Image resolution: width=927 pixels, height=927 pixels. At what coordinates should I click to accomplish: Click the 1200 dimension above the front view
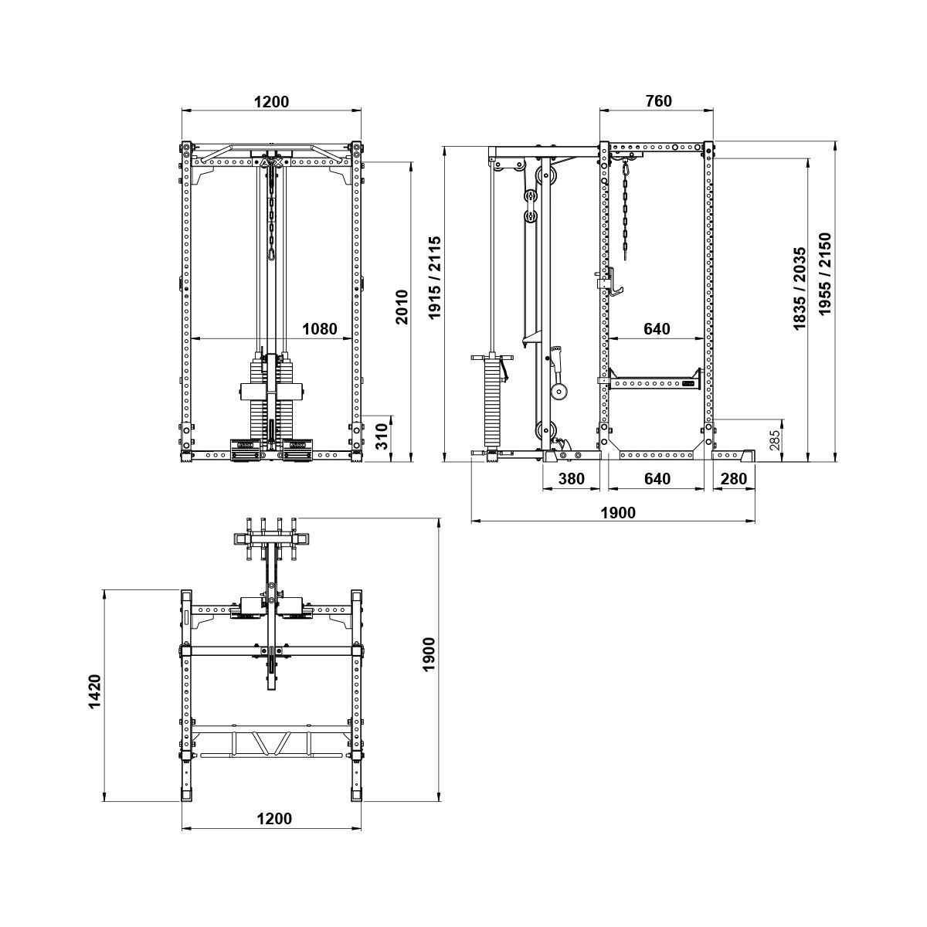click(x=271, y=102)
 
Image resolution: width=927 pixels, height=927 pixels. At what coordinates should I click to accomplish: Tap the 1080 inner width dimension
click(x=319, y=329)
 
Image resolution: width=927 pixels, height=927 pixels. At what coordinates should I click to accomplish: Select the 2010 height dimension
click(x=402, y=307)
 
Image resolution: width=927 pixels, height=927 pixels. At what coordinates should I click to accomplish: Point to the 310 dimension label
click(x=382, y=436)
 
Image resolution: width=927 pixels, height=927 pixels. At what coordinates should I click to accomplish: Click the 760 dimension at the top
click(x=659, y=101)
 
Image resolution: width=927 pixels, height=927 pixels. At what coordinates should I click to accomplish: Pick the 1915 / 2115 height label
click(x=435, y=277)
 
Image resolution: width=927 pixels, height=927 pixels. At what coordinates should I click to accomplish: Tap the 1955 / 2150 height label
click(x=824, y=274)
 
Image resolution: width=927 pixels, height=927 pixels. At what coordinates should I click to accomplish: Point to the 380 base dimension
click(x=572, y=479)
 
